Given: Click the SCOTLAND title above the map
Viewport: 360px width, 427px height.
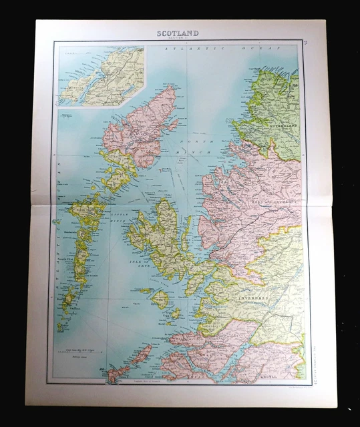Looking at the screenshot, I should pos(178,33).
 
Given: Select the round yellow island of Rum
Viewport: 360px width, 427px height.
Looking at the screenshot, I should pos(160,300).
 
